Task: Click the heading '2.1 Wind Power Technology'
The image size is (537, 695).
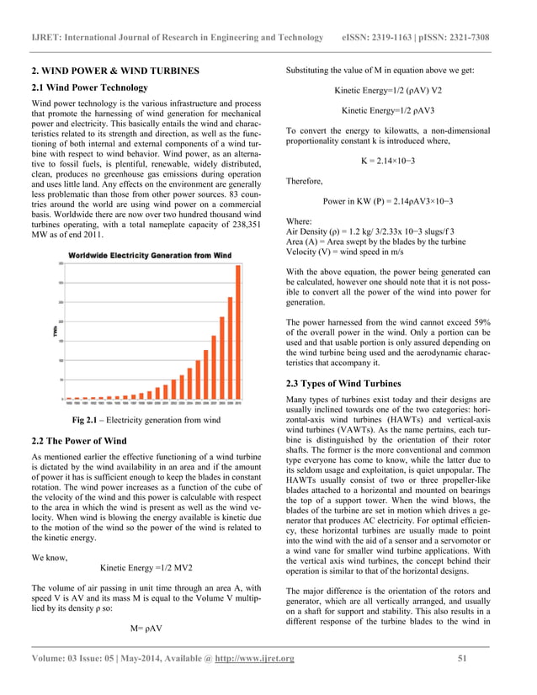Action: tap(90, 88)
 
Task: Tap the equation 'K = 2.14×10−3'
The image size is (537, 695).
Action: tap(388, 161)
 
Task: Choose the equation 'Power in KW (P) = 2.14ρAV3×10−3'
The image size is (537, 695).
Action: tap(387, 202)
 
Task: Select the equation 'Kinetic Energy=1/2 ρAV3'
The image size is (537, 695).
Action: tap(387, 110)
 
